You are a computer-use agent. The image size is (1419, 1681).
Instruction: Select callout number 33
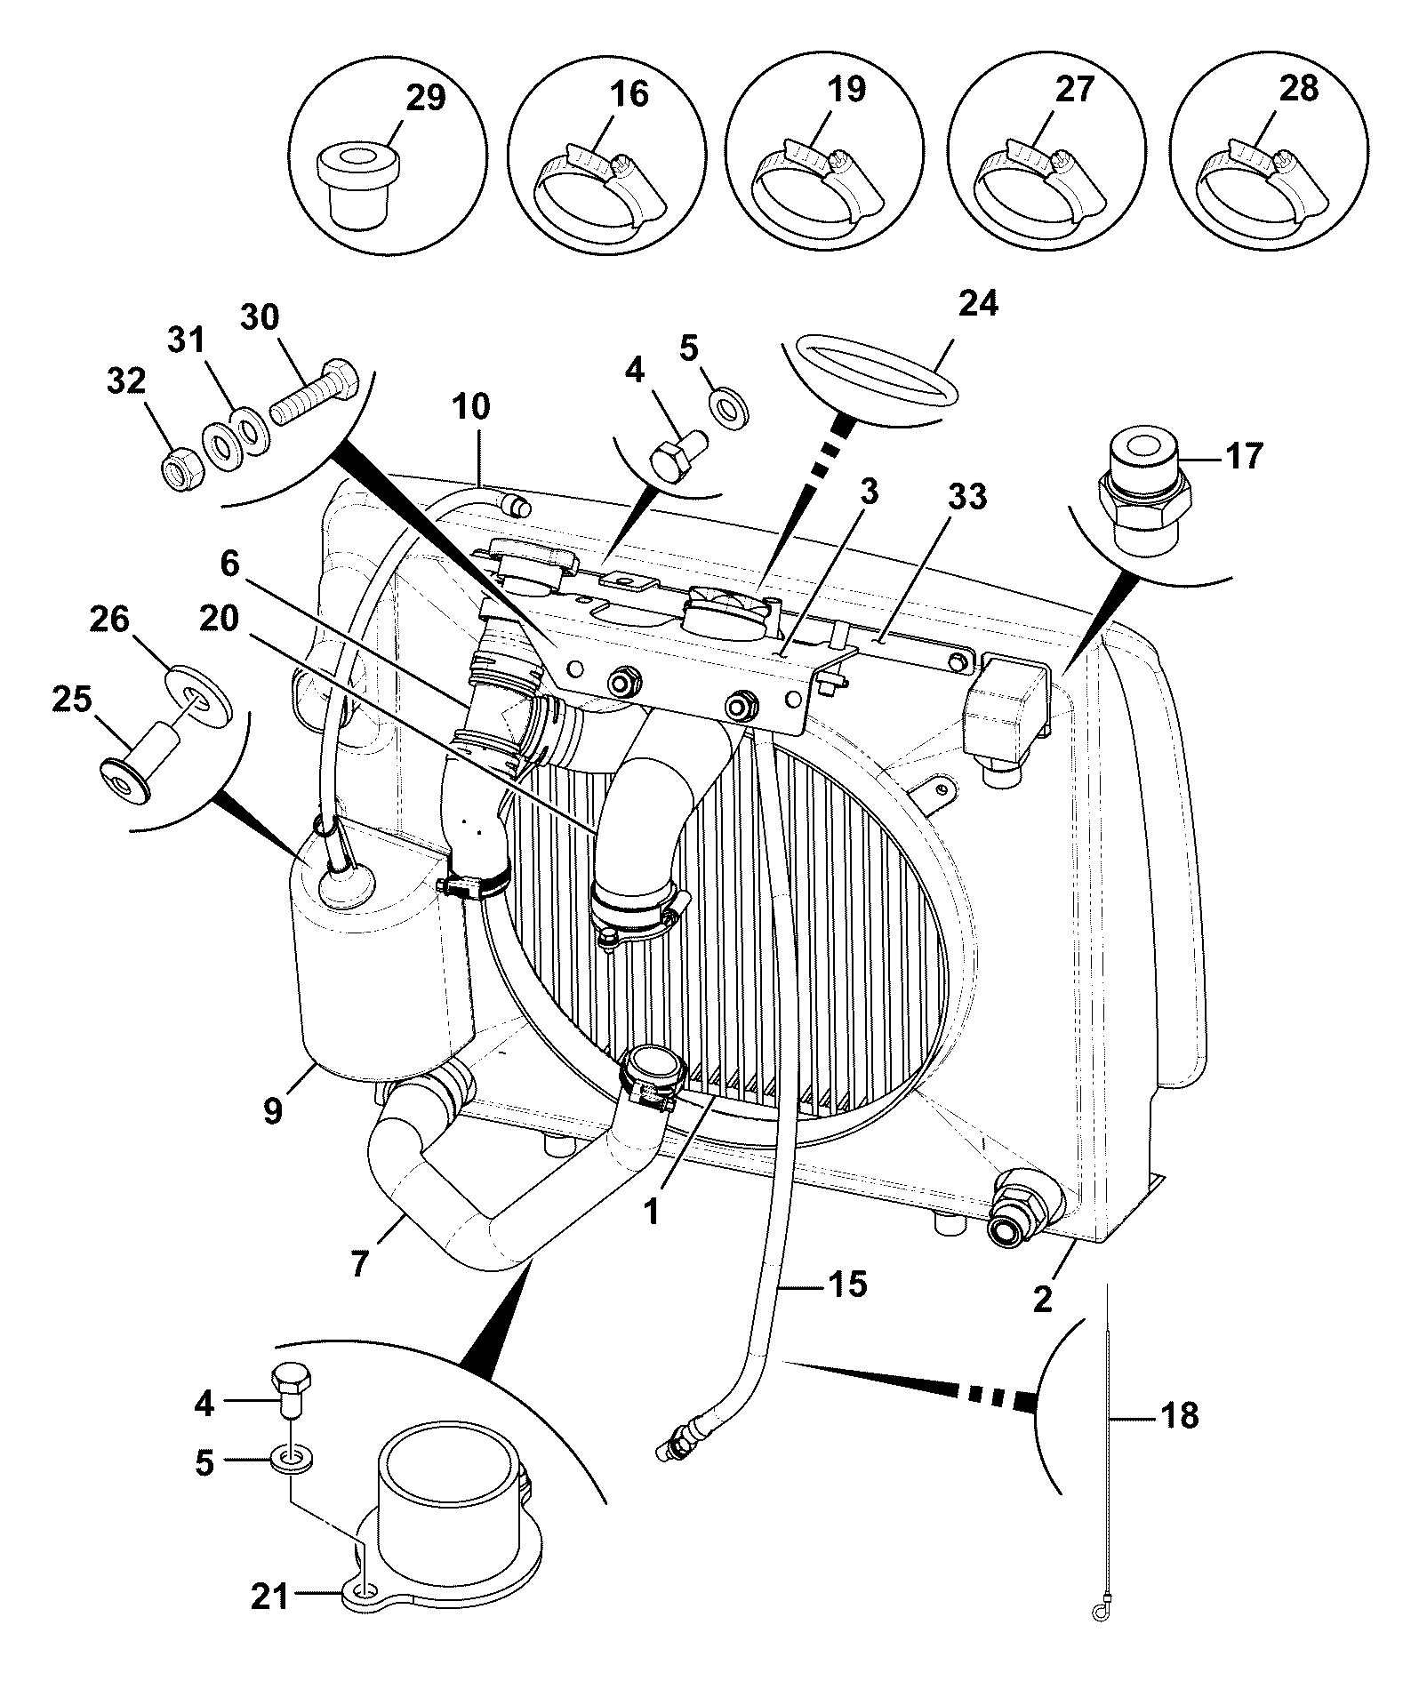966,497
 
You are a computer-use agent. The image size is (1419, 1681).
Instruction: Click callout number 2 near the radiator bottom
1042,1299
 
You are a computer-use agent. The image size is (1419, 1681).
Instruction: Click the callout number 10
470,406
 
